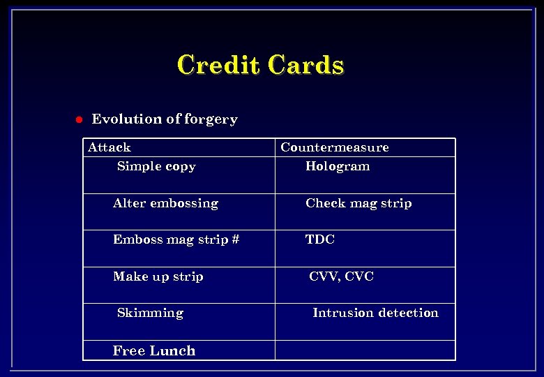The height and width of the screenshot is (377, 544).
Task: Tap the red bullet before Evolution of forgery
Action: tap(79, 119)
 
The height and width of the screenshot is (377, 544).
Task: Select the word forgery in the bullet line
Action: tap(211, 119)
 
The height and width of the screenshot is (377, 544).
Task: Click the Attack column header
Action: tap(109, 147)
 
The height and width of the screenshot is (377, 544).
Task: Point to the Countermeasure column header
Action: tap(334, 147)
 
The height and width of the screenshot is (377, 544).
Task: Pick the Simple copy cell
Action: tap(156, 166)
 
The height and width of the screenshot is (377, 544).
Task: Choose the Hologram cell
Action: tap(338, 166)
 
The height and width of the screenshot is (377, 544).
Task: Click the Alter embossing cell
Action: tap(165, 203)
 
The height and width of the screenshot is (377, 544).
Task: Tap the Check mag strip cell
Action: tap(358, 203)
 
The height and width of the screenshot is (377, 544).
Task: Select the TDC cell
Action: tap(320, 239)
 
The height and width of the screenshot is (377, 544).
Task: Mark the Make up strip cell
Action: tap(158, 276)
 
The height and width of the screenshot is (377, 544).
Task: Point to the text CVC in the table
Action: tap(359, 276)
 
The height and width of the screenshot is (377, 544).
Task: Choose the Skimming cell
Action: tap(150, 313)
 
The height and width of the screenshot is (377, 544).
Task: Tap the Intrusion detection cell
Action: tap(375, 313)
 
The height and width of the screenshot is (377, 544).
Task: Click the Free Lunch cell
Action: tap(154, 350)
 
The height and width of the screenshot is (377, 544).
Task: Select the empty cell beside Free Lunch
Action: tap(365, 350)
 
